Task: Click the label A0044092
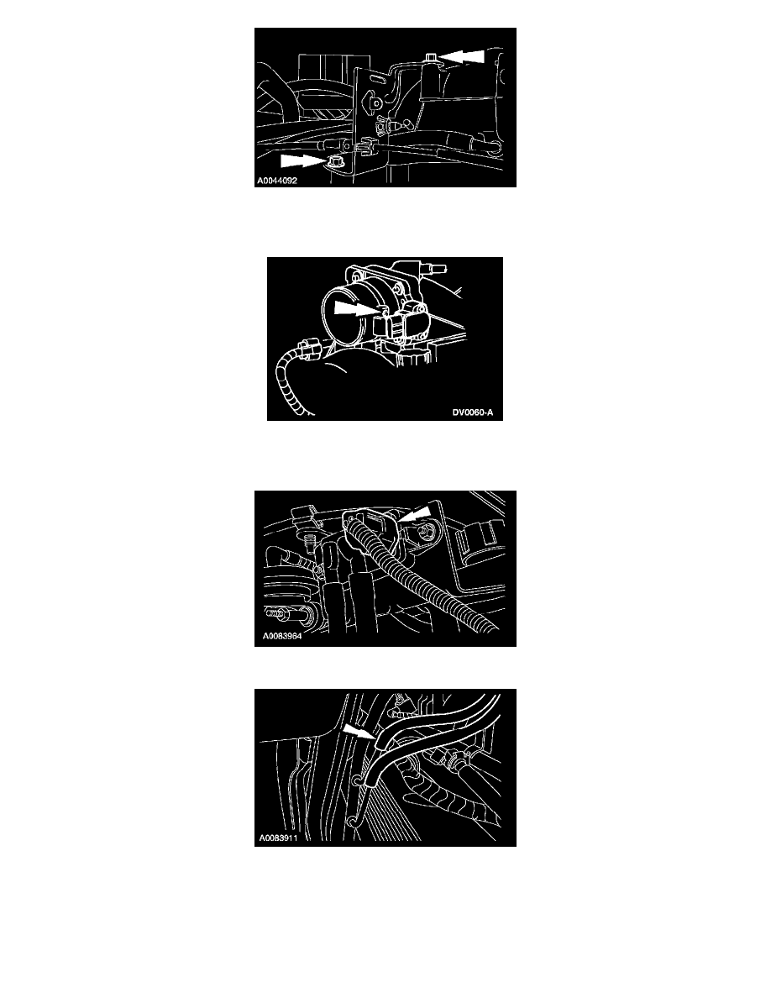click(x=276, y=181)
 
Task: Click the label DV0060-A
click(x=473, y=412)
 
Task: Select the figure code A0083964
click(x=282, y=636)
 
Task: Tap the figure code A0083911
click(x=278, y=838)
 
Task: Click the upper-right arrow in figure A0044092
click(x=461, y=56)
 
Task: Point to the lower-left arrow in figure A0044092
click(x=303, y=160)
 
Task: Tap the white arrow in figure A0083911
click(x=360, y=732)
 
